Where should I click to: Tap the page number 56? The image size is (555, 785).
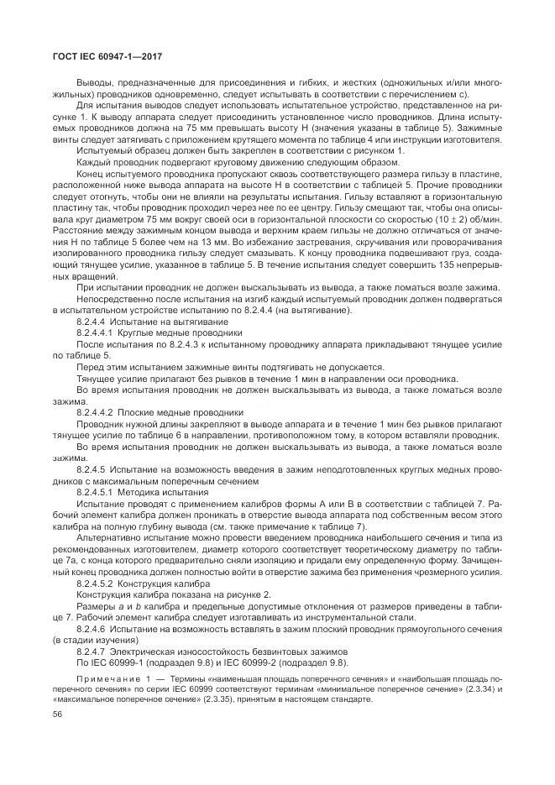coord(58,714)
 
